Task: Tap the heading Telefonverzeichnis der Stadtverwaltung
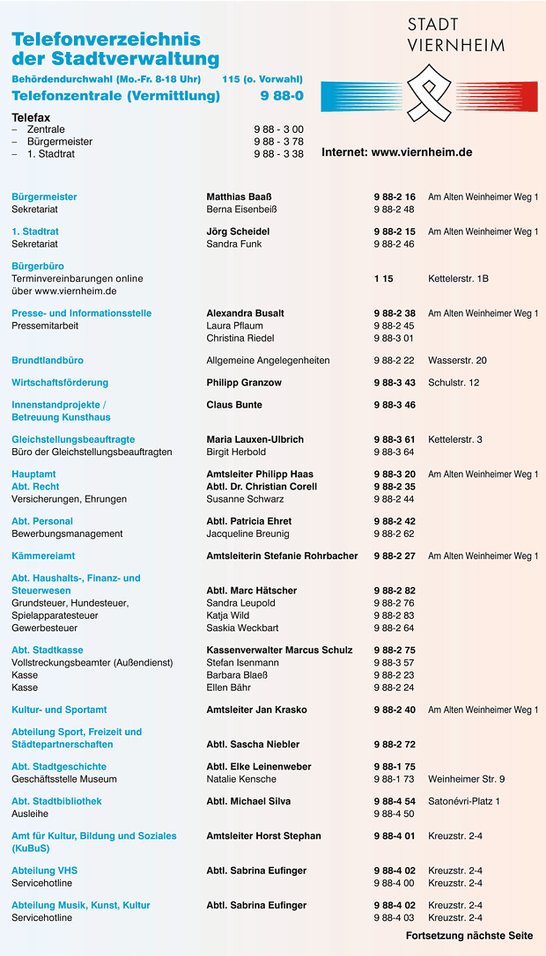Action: [x=115, y=49]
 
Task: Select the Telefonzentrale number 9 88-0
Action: [x=282, y=96]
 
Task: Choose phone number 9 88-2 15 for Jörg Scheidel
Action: [x=394, y=232]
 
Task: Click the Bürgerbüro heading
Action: [x=38, y=266]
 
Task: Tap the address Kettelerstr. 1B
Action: [x=458, y=278]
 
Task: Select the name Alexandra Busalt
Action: [x=245, y=313]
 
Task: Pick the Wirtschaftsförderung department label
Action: [x=60, y=383]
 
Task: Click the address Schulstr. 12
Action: [x=454, y=383]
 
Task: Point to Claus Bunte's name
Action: [x=234, y=405]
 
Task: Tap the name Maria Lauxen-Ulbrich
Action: [x=255, y=439]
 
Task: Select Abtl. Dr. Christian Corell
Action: [x=262, y=487]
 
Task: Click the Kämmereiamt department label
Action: [x=43, y=556]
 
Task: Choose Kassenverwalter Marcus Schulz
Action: [x=279, y=651]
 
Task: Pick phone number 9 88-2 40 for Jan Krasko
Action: [x=394, y=710]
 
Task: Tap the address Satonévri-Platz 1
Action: [x=463, y=801]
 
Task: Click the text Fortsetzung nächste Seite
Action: [x=469, y=936]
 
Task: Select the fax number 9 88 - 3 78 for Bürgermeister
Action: [x=278, y=142]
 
